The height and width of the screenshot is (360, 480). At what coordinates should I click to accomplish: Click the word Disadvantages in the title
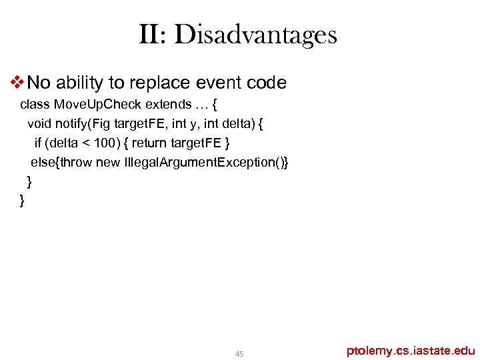tap(257, 35)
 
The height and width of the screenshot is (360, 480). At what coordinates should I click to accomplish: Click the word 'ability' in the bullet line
tap(81, 83)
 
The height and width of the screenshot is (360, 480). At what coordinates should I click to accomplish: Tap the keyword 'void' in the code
tap(39, 123)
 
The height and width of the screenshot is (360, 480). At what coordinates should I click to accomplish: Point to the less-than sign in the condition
tap(82, 143)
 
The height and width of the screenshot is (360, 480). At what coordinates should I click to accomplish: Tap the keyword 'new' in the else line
tap(108, 162)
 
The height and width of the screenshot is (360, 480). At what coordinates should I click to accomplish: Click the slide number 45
tap(239, 353)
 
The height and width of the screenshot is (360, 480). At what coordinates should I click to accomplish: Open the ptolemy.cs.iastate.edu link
tap(411, 350)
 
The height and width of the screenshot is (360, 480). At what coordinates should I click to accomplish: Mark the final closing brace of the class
tap(23, 200)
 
